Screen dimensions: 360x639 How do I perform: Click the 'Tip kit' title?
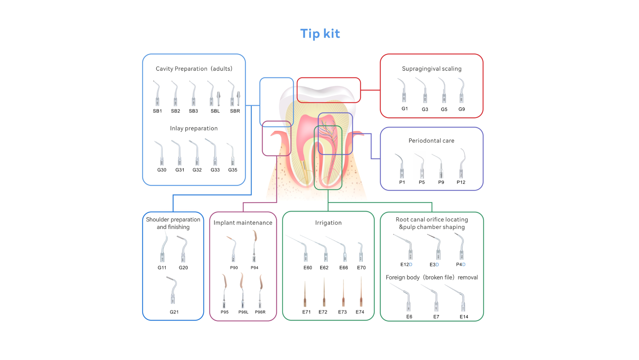click(320, 34)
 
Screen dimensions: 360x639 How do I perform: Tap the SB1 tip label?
click(157, 111)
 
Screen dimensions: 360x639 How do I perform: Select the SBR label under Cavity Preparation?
click(235, 111)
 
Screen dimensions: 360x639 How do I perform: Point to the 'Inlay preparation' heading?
click(194, 129)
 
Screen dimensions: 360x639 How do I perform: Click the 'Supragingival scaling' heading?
click(432, 69)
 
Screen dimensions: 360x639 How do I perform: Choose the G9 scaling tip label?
click(462, 109)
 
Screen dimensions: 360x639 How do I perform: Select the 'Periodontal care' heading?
click(431, 141)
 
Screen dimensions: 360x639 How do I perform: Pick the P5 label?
click(422, 182)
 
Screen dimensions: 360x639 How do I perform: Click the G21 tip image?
click(172, 290)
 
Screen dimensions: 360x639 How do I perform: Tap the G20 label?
click(183, 267)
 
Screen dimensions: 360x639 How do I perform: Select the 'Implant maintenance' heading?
click(243, 223)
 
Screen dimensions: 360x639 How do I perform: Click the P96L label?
click(243, 312)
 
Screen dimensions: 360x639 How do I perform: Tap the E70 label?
click(361, 267)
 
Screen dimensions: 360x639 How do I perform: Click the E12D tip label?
click(406, 264)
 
